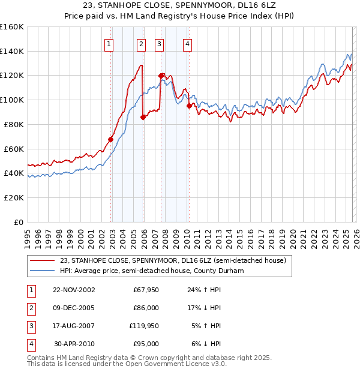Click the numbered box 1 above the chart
pyautogui.click(x=109, y=43)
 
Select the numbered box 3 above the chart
pyautogui.click(x=159, y=43)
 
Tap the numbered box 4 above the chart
pyautogui.click(x=188, y=43)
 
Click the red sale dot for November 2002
pyautogui.click(x=111, y=139)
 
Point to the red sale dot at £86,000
pyautogui.click(x=143, y=118)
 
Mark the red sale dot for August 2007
pyautogui.click(x=161, y=76)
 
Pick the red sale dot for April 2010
pyautogui.click(x=190, y=106)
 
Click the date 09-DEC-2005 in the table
pyautogui.click(x=74, y=308)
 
